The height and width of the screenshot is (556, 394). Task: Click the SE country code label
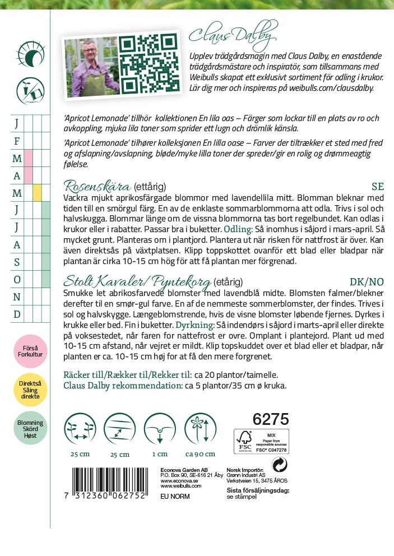click(x=378, y=187)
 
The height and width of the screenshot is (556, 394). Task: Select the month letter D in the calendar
click(x=17, y=314)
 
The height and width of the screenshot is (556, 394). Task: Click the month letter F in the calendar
click(x=17, y=141)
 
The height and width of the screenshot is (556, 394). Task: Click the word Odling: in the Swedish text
click(x=238, y=230)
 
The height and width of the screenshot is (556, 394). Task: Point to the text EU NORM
click(x=175, y=496)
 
